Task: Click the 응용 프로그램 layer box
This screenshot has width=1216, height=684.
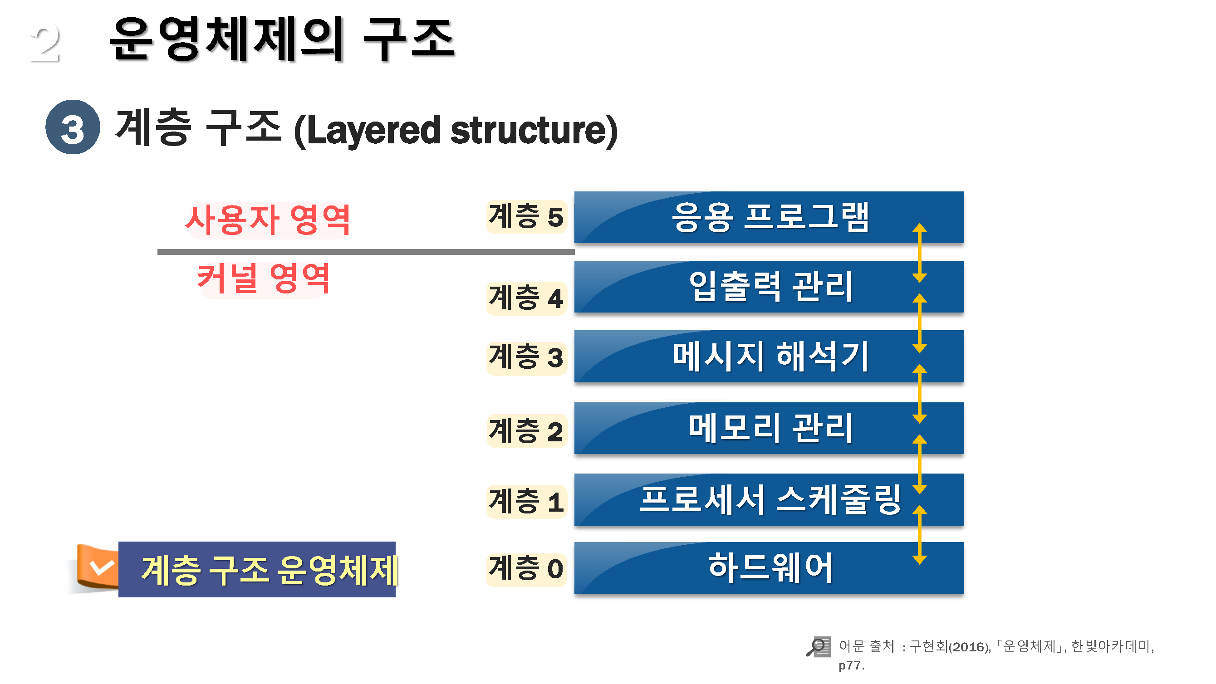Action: pyautogui.click(x=769, y=217)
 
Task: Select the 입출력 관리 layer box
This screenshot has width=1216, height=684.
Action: pyautogui.click(x=769, y=287)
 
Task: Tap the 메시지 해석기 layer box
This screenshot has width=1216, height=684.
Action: pyautogui.click(x=769, y=357)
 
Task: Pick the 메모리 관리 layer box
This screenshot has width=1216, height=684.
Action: pyautogui.click(x=769, y=428)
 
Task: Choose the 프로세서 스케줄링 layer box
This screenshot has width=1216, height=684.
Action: pyautogui.click(x=769, y=499)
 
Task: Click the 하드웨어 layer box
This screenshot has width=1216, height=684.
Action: pyautogui.click(x=769, y=568)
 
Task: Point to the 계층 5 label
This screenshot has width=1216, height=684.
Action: pyautogui.click(x=526, y=217)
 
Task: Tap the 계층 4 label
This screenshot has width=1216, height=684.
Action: pyautogui.click(x=526, y=298)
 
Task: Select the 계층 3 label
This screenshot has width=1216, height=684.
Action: pyautogui.click(x=526, y=358)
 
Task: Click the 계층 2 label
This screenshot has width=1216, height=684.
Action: pyautogui.click(x=526, y=431)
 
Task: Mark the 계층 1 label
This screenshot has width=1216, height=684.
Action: pyautogui.click(x=526, y=502)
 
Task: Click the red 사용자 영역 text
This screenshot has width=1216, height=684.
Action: pyautogui.click(x=268, y=220)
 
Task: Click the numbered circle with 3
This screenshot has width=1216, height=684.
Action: pyautogui.click(x=73, y=127)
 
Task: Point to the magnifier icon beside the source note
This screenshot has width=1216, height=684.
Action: pyautogui.click(x=818, y=647)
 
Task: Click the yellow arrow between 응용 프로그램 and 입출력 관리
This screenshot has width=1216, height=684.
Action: pyautogui.click(x=920, y=253)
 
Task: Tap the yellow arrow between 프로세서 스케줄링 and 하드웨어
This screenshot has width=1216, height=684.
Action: pyautogui.click(x=920, y=535)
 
